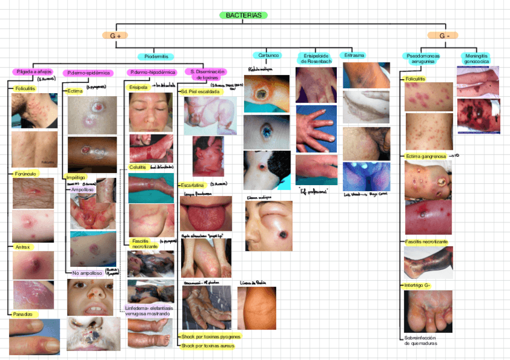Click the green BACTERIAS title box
coord(244,15)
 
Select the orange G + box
coord(115,36)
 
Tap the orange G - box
coord(444,36)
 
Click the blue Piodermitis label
coord(156,56)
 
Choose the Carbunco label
coord(266,55)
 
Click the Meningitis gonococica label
coord(476,58)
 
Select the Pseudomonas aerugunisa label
coord(423,58)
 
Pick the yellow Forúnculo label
coord(25,174)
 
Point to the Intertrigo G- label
coord(418,285)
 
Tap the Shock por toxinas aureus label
coord(207,346)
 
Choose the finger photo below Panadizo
coord(34,337)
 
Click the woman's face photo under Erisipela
coord(151,112)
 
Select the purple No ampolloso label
coord(87,273)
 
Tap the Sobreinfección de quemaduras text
coord(421,341)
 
